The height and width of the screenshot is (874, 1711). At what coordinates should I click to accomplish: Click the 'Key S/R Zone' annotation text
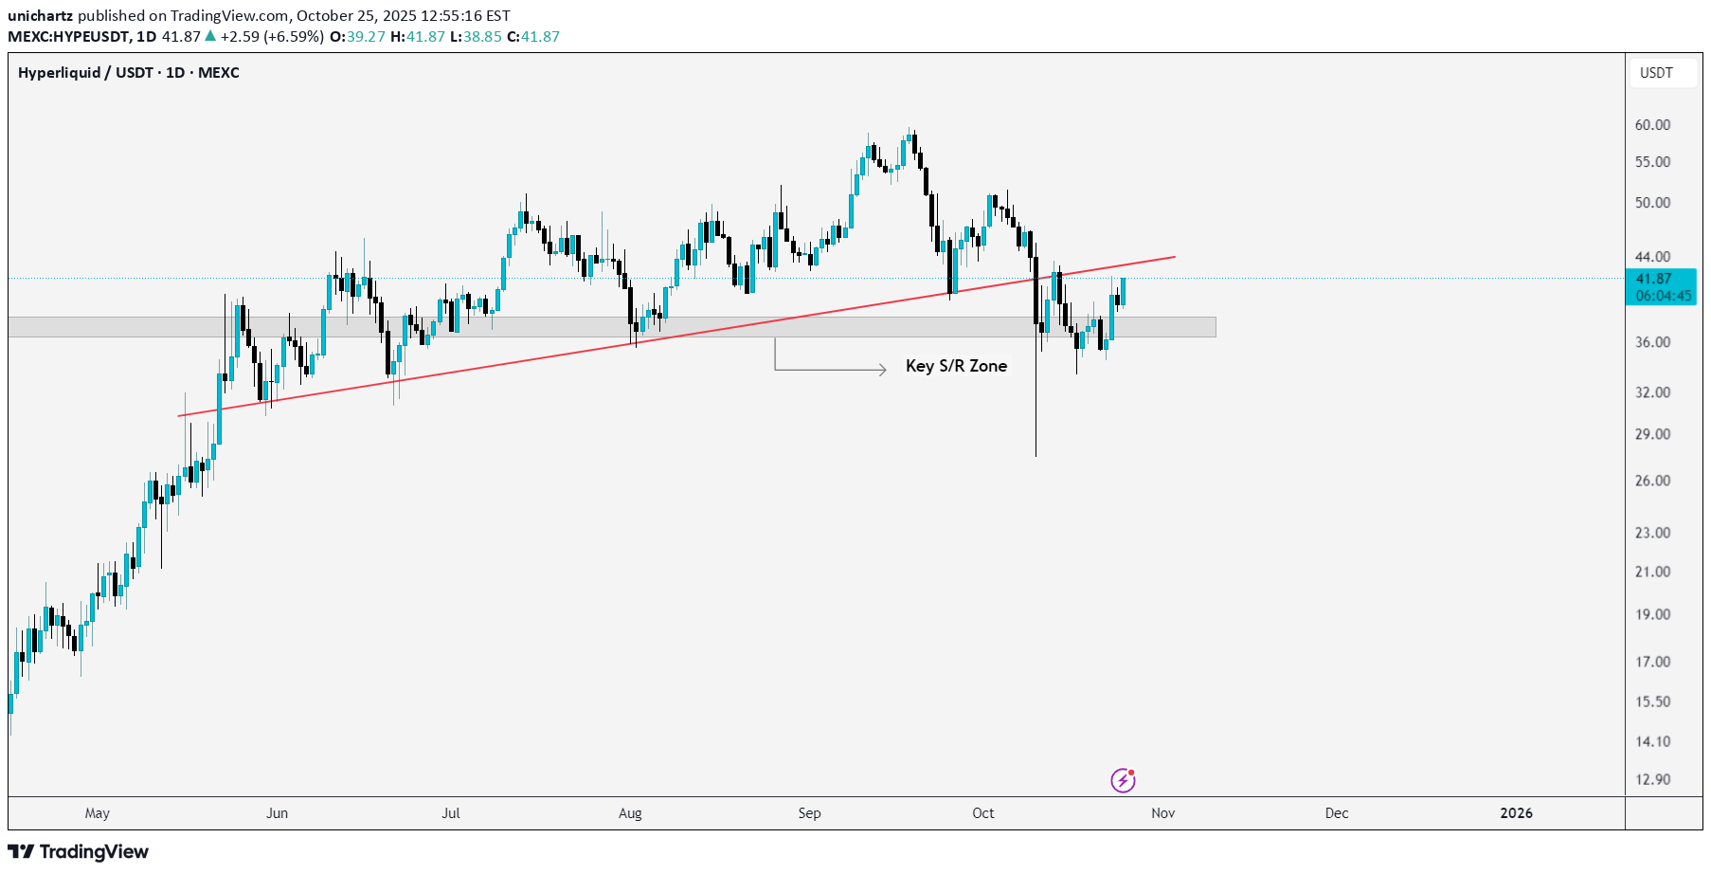[x=956, y=366]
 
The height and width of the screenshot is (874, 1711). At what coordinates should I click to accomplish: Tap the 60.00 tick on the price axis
[x=1652, y=125]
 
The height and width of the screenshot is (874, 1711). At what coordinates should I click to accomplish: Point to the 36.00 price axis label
[x=1652, y=342]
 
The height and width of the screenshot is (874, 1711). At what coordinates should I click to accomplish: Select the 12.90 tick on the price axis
[x=1652, y=779]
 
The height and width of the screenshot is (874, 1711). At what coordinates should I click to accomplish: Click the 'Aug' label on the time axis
[x=630, y=813]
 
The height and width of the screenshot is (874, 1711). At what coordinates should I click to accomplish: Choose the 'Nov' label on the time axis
[x=1162, y=813]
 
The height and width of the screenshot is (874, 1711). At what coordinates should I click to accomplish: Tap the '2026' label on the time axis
[x=1516, y=813]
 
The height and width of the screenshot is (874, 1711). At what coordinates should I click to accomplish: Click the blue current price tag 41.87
[x=1660, y=286]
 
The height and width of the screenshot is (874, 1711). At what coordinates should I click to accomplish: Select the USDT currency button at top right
[x=1656, y=73]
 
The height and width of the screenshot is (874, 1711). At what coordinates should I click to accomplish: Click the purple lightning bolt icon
[x=1123, y=780]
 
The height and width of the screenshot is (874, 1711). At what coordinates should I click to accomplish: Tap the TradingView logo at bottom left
[x=79, y=851]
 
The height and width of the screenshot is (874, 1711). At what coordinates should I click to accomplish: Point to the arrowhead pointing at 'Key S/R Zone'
[x=882, y=369]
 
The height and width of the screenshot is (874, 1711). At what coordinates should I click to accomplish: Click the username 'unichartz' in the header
[x=40, y=16]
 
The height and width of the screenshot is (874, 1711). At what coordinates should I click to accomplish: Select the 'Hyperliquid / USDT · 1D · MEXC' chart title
[x=129, y=73]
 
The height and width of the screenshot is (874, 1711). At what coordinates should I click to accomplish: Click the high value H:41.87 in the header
[x=417, y=37]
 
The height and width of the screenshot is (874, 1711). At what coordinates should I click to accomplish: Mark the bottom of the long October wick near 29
[x=1036, y=455]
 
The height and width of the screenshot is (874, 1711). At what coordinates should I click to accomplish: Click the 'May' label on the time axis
[x=97, y=813]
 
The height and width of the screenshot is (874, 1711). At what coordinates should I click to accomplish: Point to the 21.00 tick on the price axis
[x=1652, y=572]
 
